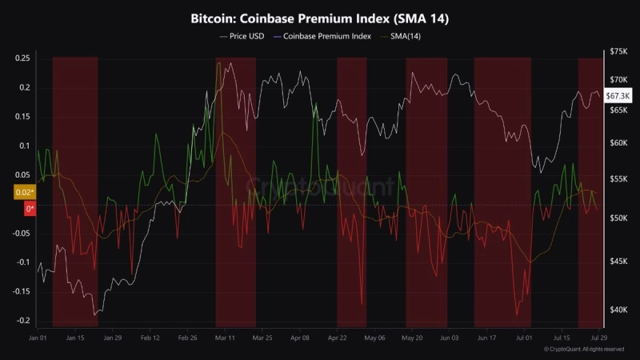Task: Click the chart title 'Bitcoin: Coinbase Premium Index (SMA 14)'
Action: coord(319,18)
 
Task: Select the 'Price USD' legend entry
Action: coord(242,36)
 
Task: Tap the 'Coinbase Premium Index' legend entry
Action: coord(322,36)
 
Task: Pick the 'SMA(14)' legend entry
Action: coord(401,36)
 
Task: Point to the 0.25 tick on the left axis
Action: coord(22,58)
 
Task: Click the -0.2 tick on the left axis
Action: coord(23,321)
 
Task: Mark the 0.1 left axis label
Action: coord(25,146)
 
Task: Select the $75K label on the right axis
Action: coord(618,51)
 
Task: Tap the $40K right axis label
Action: coord(618,310)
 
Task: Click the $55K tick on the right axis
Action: coord(618,179)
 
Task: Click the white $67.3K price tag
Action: coord(618,96)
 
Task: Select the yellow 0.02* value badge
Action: coord(25,192)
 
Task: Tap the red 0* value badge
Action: coord(30,209)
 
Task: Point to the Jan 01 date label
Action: coord(38,338)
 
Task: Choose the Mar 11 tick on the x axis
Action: coord(225,338)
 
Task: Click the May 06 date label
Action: coord(374,338)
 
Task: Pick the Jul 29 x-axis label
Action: coord(598,338)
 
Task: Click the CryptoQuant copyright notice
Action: coord(584,350)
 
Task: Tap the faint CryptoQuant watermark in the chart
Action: coord(320,186)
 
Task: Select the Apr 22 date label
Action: coord(337,338)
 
